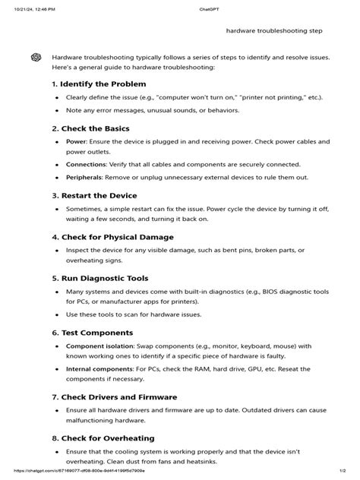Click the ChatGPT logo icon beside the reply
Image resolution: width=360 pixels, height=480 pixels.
(36, 58)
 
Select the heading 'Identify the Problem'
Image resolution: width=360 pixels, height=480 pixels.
(103, 84)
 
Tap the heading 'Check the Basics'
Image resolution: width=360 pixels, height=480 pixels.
(95, 128)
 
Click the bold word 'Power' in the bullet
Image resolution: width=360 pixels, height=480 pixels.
(76, 142)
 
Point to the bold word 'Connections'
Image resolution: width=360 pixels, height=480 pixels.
(86, 163)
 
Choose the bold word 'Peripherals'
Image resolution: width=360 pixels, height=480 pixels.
(85, 177)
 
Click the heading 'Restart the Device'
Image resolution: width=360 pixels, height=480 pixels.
(99, 195)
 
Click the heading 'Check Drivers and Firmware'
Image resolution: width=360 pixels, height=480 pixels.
(114, 396)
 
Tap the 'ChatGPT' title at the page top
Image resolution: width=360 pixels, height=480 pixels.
(179, 8)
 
